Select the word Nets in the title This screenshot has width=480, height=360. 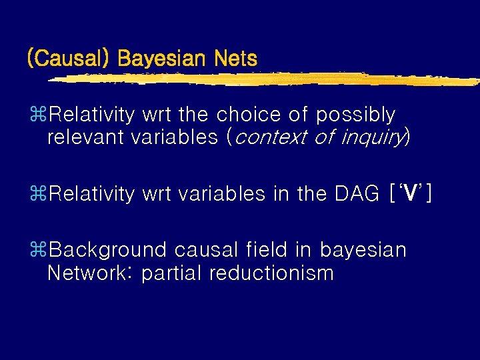[x=235, y=59]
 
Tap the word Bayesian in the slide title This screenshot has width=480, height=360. [x=161, y=59]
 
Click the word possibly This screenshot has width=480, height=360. [x=355, y=115]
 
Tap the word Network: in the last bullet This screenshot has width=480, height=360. [x=90, y=273]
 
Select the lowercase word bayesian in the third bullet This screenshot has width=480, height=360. [x=363, y=250]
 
